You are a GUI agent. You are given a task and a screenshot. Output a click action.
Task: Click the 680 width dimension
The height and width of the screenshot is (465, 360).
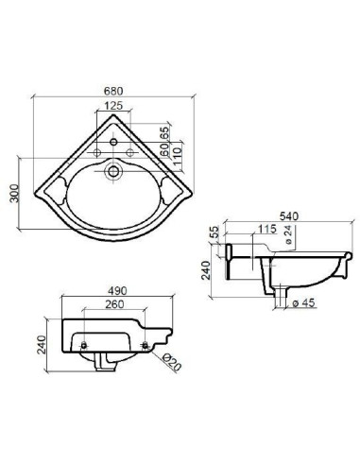pyautogui.click(x=114, y=92)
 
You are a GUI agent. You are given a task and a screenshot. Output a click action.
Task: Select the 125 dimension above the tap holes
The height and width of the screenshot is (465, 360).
pyautogui.click(x=114, y=106)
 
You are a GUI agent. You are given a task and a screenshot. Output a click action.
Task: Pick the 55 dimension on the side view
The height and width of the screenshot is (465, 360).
pyautogui.click(x=214, y=232)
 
